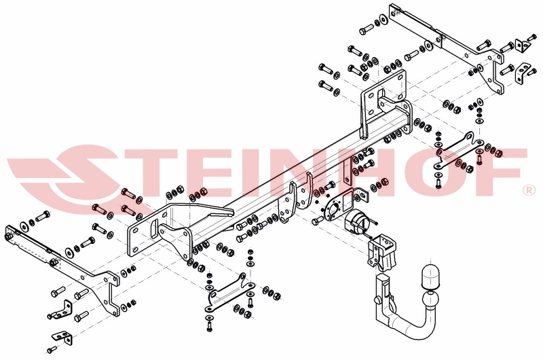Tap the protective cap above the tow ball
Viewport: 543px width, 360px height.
pyautogui.click(x=432, y=276)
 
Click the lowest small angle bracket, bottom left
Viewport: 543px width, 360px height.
pyautogui.click(x=63, y=337)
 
